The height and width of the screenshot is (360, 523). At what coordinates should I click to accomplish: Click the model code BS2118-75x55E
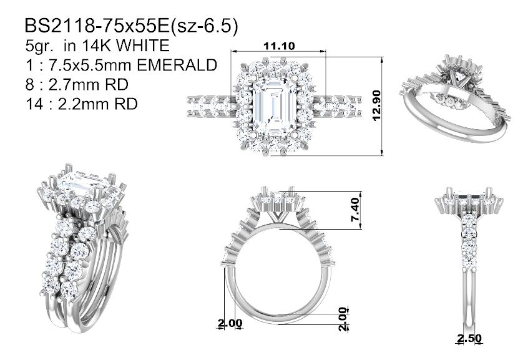point(97,26)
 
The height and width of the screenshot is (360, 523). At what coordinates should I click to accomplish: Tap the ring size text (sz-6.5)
point(204,26)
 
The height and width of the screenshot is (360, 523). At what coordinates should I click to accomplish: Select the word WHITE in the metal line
point(143,46)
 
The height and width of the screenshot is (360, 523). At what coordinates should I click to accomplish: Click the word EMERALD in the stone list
point(177,65)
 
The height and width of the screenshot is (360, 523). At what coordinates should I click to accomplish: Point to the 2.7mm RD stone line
point(77,85)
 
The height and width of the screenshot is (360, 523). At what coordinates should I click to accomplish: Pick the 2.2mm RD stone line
point(81,104)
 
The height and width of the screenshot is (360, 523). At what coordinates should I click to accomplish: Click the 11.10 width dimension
point(279,46)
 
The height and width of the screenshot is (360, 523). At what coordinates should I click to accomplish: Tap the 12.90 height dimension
point(376,105)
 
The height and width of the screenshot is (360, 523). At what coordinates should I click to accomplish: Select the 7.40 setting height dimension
point(355,210)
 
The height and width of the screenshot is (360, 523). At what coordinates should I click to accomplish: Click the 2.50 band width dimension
point(469,338)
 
